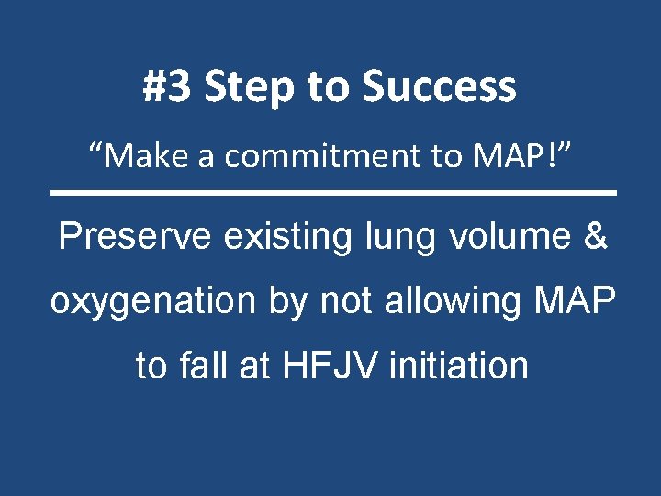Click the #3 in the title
(168, 87)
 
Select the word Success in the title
(439, 87)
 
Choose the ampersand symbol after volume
(595, 237)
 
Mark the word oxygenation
(151, 301)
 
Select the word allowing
(444, 301)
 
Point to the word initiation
(459, 366)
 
